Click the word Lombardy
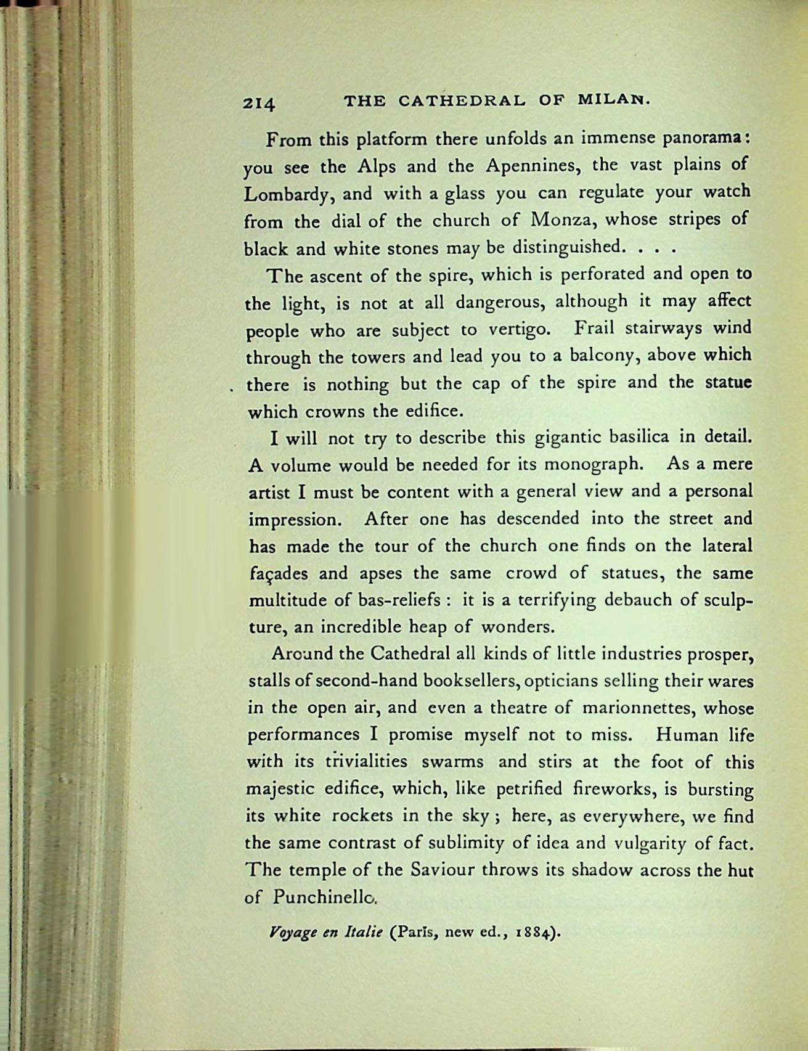(x=289, y=195)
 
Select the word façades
(x=278, y=575)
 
